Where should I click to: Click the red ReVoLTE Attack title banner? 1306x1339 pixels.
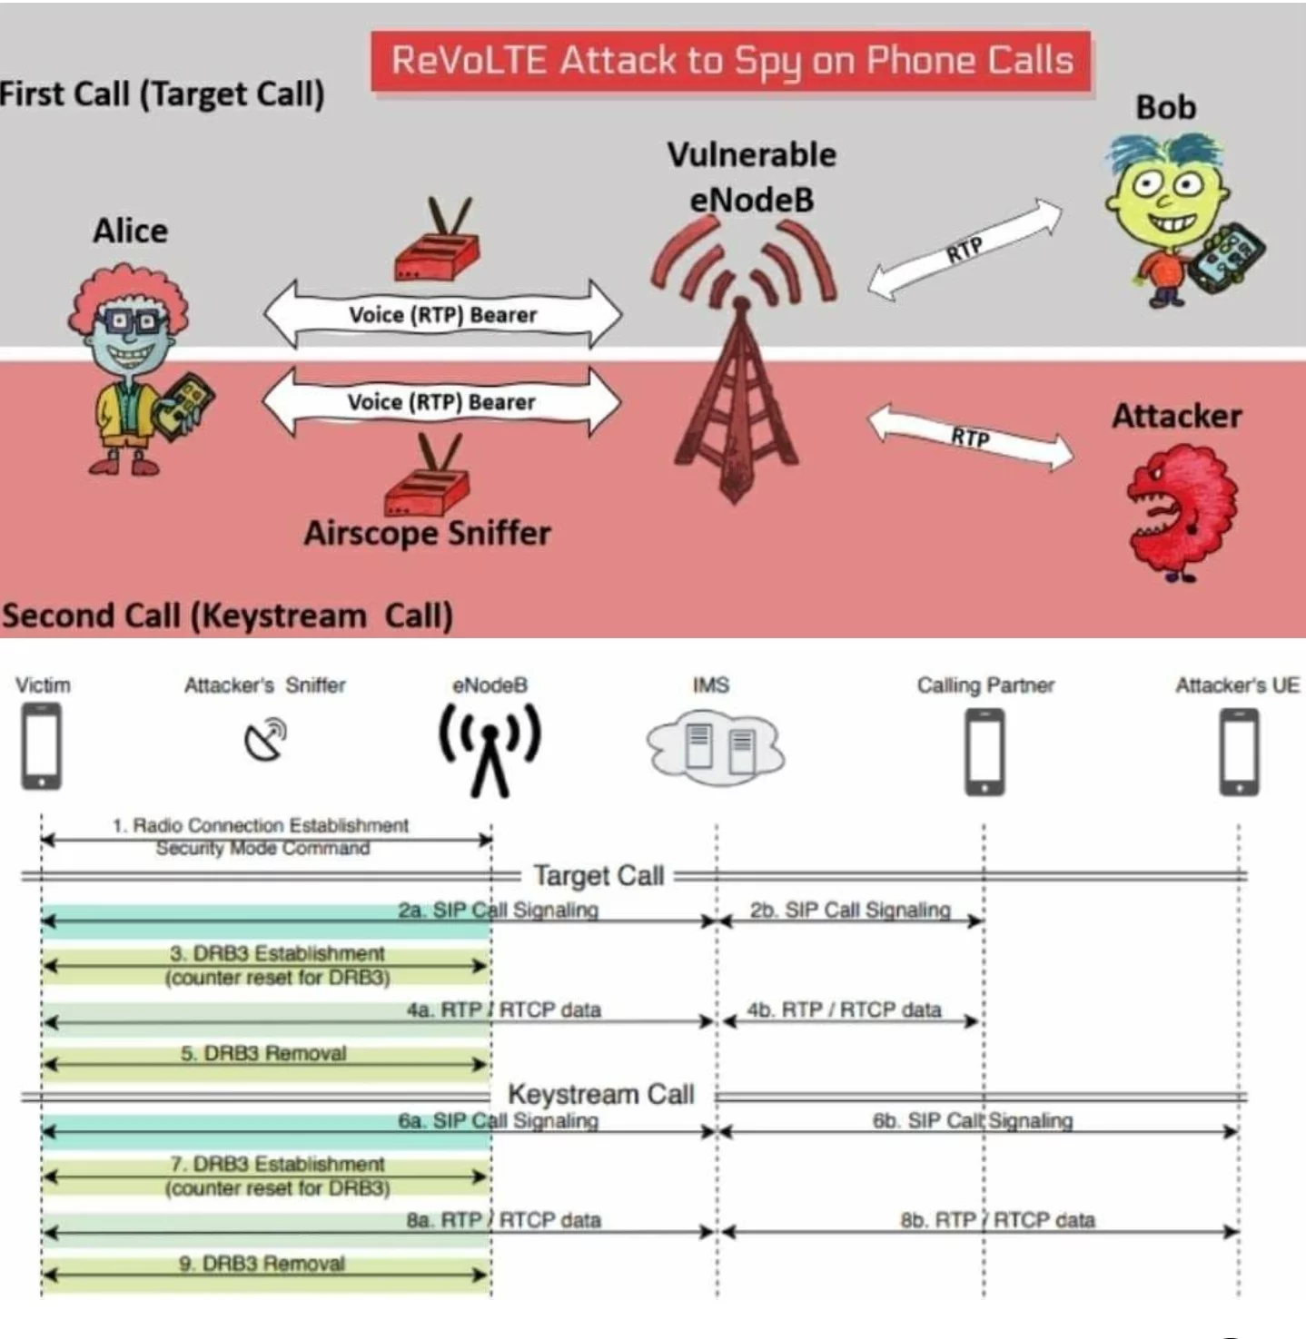730,61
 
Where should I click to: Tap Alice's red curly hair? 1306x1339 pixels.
128,290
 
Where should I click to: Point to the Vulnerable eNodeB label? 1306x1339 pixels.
751,177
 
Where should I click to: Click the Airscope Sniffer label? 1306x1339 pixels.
427,533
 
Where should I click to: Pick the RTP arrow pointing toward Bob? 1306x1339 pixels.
965,249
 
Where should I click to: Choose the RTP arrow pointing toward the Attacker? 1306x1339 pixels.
970,438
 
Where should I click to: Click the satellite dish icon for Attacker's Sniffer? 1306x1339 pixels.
265,739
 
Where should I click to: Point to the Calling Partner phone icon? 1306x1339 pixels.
985,751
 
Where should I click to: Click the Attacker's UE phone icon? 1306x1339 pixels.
1239,751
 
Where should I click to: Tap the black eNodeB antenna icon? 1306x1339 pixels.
490,749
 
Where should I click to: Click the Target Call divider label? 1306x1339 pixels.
599,875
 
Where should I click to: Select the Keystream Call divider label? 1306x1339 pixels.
600,1094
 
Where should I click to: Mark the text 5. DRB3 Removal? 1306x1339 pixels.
263,1053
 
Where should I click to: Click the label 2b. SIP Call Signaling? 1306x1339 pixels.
850,910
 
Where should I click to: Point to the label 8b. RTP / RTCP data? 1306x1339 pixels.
997,1219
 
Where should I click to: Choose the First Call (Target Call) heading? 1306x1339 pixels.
163,94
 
